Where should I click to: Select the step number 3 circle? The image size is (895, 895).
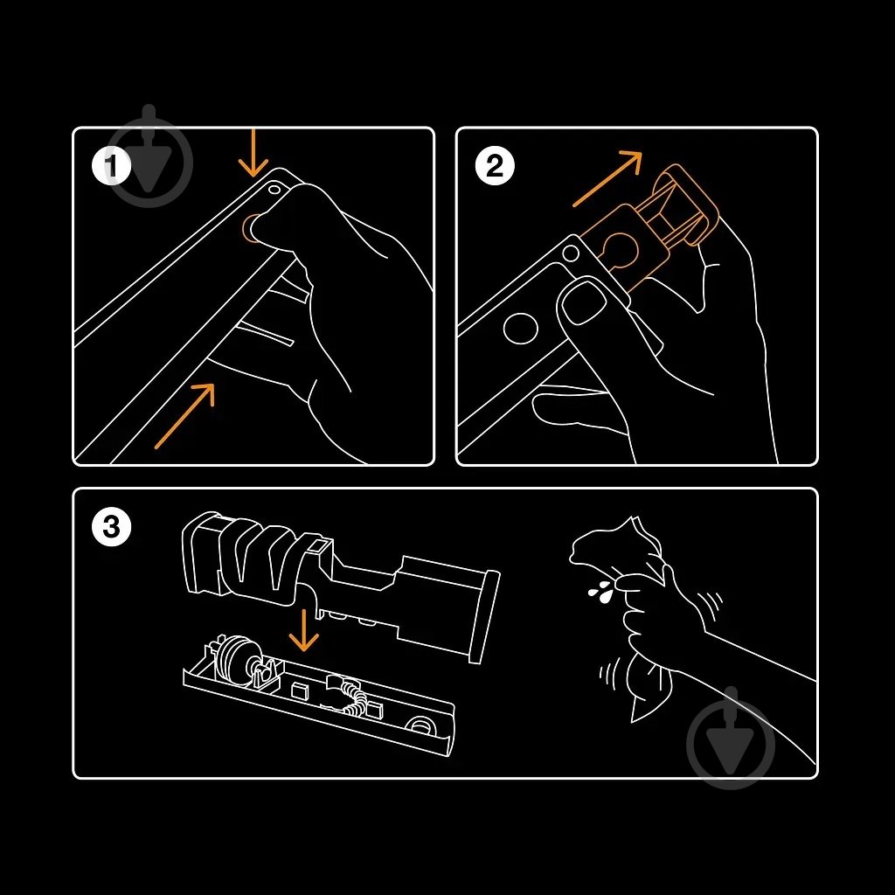(x=111, y=527)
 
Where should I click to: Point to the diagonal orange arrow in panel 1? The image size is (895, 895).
(x=184, y=415)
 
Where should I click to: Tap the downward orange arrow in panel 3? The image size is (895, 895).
(x=304, y=630)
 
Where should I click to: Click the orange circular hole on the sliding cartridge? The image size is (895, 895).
(x=621, y=249)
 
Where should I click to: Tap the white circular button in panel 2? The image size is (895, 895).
(x=521, y=329)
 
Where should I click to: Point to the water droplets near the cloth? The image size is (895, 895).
(x=600, y=593)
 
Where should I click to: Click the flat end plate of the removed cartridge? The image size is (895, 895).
(x=484, y=616)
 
